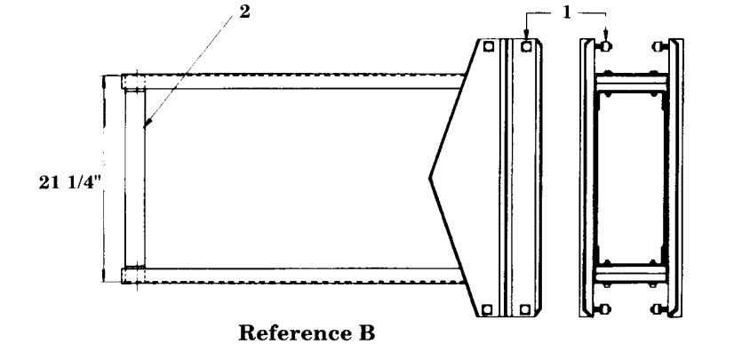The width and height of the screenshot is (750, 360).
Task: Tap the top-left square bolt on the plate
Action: pos(488,46)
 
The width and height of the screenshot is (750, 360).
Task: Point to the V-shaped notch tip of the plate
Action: pos(431,179)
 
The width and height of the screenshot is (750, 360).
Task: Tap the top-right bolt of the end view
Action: pos(658,46)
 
